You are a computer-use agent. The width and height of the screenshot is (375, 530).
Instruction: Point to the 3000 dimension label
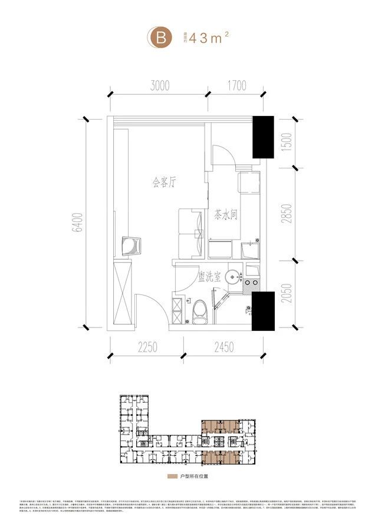click(159, 86)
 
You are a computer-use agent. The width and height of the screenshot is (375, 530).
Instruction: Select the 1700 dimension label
click(235, 86)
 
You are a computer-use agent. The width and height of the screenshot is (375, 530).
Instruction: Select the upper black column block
click(263, 137)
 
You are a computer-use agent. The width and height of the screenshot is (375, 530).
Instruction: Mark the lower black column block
click(263, 307)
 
